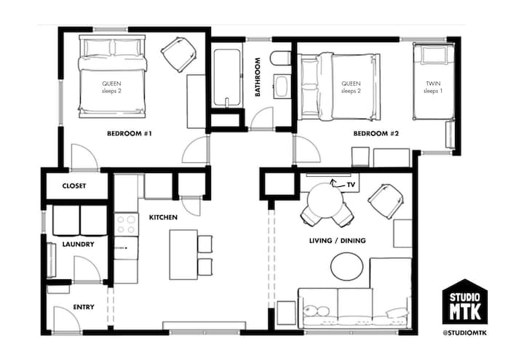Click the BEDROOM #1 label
coord(130,134)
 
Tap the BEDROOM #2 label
coord(376,134)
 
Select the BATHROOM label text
coord(258,77)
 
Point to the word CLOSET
coord(74,185)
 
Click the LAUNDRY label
coord(78,244)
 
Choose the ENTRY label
coord(84,307)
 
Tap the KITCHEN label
coord(163,217)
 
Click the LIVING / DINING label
coord(337,241)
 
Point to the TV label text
coord(351,185)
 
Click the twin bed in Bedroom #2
coord(434,81)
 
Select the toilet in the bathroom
coord(280,58)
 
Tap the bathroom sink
coord(282,87)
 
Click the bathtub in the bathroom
coord(227,78)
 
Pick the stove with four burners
coord(127,225)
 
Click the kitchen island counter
coord(183,255)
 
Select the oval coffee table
coord(347,266)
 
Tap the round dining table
coord(325,201)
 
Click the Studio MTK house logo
coord(465,302)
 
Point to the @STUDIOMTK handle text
coord(465,333)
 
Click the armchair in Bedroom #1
coord(179,54)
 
